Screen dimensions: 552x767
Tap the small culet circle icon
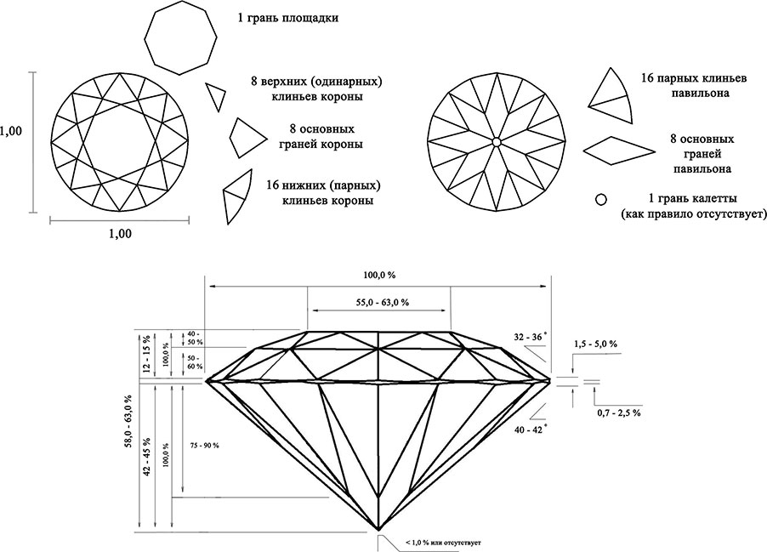600,199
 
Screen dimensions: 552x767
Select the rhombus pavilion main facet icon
619,150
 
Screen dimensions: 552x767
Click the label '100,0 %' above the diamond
378,276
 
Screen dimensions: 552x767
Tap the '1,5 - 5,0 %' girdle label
595,344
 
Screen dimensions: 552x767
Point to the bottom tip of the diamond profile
378,528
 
